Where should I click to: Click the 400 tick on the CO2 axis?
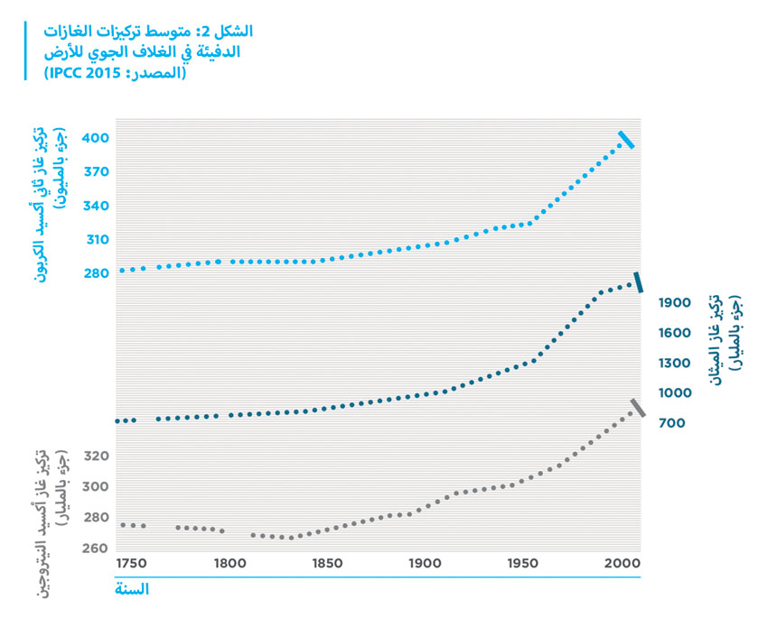coord(97,138)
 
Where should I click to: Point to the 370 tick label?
coord(97,171)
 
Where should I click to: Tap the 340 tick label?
coord(97,206)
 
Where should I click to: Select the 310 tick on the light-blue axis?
coord(97,240)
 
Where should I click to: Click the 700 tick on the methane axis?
coord(671,423)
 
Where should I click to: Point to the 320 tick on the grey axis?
coord(97,457)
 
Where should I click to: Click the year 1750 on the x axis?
coord(132,564)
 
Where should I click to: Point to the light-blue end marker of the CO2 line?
coord(626,140)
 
